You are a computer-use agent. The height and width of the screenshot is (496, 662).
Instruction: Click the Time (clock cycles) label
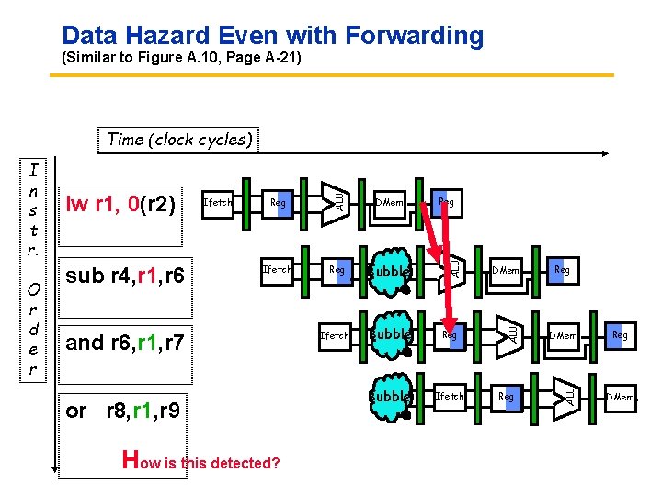coord(178,140)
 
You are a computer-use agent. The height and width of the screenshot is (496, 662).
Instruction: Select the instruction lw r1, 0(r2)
coord(119,203)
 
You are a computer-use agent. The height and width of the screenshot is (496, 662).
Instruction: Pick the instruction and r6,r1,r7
coord(125,343)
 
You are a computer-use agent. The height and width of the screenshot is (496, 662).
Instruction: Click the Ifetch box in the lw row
coord(218,202)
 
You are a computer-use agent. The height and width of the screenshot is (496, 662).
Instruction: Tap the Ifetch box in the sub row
coord(277,270)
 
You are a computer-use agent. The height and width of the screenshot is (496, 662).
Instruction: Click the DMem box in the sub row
coord(505,271)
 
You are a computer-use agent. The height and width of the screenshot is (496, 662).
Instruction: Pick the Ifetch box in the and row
coord(334,336)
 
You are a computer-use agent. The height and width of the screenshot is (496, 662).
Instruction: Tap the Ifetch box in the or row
coord(450,397)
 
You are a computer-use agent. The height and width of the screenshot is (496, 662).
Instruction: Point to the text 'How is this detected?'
coord(201,461)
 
